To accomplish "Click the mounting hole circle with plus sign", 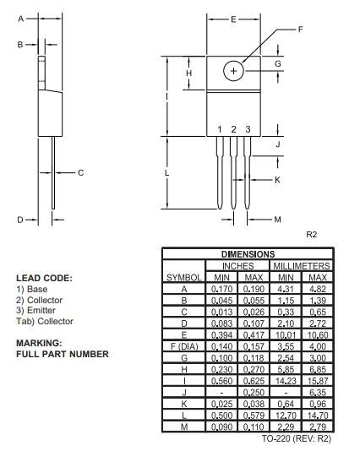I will tap(234, 72).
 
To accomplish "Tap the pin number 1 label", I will tap(220, 129).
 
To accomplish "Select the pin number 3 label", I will tap(248, 129).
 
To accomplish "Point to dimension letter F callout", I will tap(300, 30).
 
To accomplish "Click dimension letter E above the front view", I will tap(234, 18).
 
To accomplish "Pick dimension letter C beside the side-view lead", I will tap(81, 173).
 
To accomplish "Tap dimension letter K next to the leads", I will tap(277, 180).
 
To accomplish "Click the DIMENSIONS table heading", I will tap(248, 254).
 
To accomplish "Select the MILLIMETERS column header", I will tap(302, 266).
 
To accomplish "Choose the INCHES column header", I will tap(237, 266).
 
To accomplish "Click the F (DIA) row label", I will tap(183, 345).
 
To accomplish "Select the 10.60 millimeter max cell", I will tap(318, 334).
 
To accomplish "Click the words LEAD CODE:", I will tap(44, 278).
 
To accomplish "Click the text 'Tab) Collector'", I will tap(44, 322).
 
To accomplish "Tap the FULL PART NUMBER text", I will tap(62, 354).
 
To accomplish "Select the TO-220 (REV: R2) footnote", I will tap(297, 438).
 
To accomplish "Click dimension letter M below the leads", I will tap(277, 220).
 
